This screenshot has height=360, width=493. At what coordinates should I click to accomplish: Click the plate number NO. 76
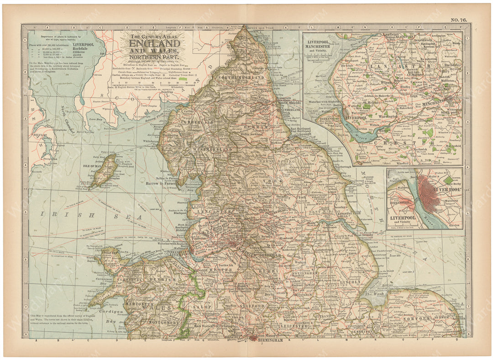(460, 20)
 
